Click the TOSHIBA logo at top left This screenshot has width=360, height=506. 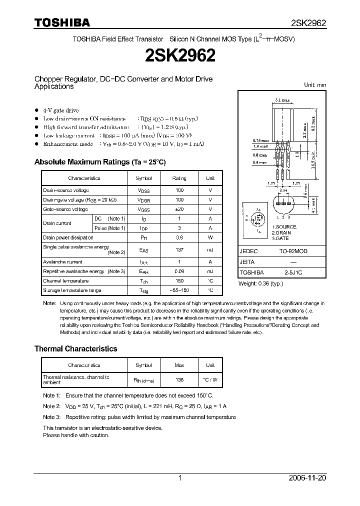point(62,22)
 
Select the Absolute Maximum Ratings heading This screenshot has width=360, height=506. point(99,162)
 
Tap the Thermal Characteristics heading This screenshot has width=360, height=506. point(75,348)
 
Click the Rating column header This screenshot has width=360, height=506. point(179,178)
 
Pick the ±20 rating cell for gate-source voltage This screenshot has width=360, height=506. point(179,209)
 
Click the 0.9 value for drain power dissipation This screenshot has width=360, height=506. point(179,237)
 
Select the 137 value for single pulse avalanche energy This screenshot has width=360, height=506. point(179,249)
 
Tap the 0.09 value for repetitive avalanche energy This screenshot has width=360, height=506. point(179,271)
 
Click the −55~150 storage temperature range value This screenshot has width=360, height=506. point(179,290)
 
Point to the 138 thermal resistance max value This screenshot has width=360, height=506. point(179,379)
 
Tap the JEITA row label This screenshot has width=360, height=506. point(247,262)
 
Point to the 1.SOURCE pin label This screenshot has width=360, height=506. point(284,227)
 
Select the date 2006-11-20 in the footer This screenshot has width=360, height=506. point(308,478)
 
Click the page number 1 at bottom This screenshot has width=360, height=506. point(179,478)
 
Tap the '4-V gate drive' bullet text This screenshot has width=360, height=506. point(60,110)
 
